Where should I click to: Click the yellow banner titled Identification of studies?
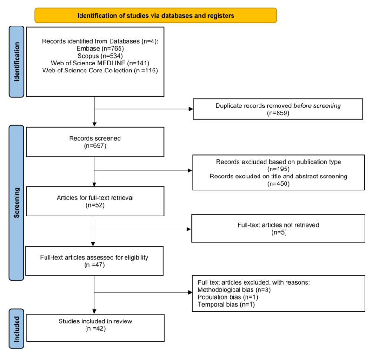tap(156, 15)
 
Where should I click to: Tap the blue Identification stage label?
tap(17, 62)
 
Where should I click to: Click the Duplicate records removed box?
tap(278, 109)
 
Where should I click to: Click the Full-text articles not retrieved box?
tap(278, 228)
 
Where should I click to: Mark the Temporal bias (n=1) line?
tap(219, 304)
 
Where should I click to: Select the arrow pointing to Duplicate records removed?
tap(188, 109)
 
